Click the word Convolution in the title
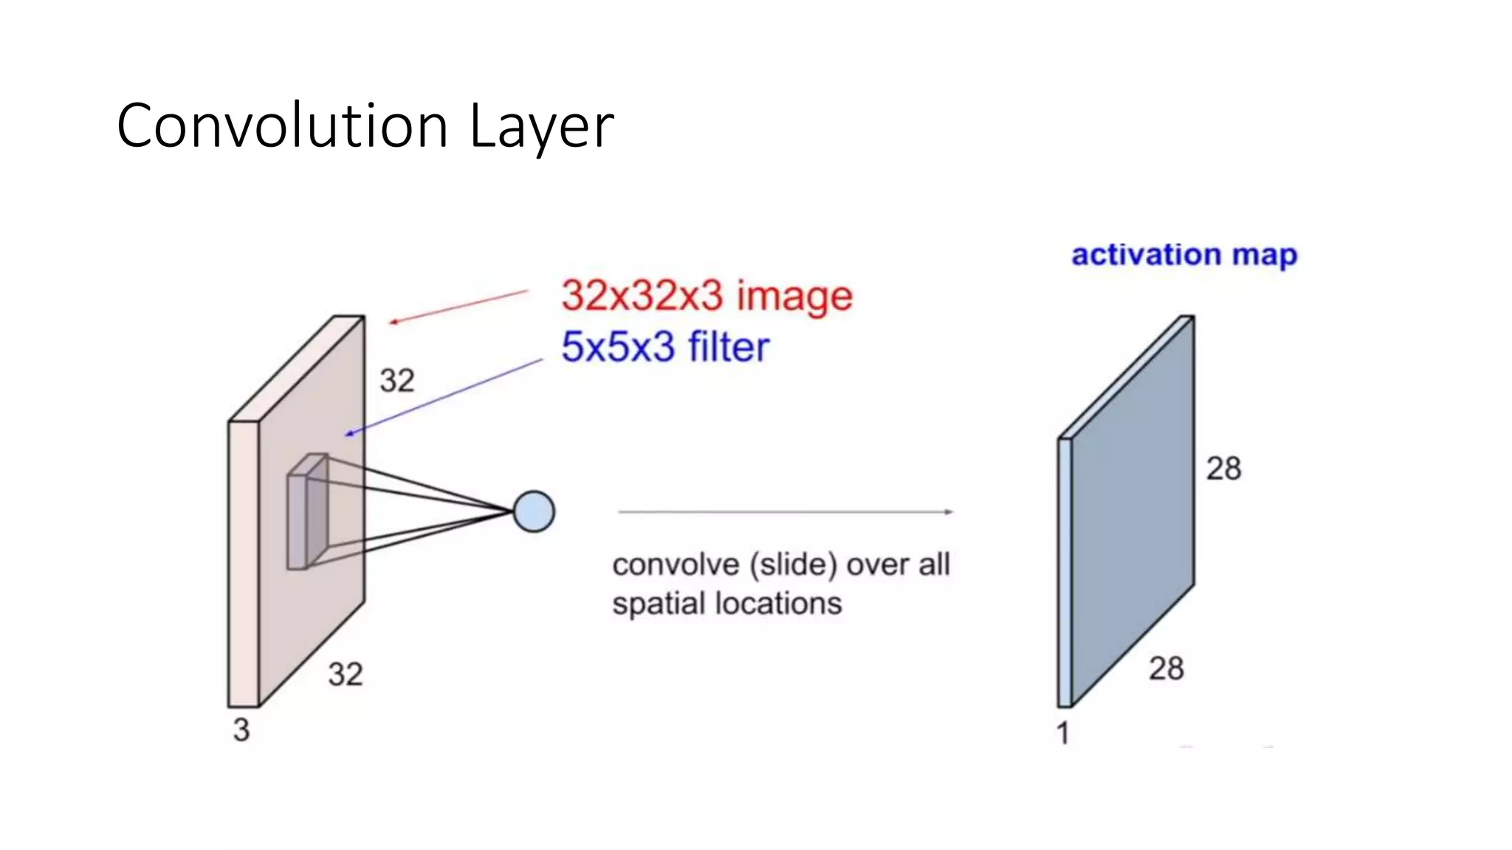tap(282, 126)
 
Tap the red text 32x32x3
tap(642, 296)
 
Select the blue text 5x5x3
tap(618, 347)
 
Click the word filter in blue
tap(728, 347)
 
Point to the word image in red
tap(794, 297)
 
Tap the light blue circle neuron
tap(534, 511)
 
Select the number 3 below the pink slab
tap(241, 730)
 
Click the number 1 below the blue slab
tap(1062, 733)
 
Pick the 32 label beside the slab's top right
tap(397, 381)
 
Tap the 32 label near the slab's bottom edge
tap(346, 674)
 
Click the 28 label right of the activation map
tap(1223, 469)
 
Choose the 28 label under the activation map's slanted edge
tap(1166, 668)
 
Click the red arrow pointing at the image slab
tap(458, 307)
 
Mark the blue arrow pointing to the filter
tap(443, 397)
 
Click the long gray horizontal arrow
tap(785, 511)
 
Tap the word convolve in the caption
tap(676, 565)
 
